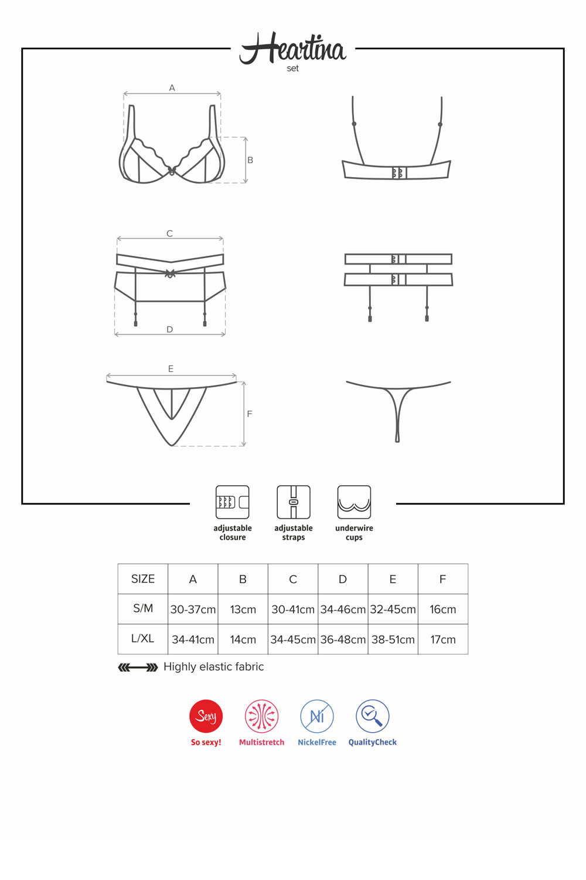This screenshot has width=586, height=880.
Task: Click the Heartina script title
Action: point(293,48)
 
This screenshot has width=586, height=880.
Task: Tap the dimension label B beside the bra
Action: point(250,160)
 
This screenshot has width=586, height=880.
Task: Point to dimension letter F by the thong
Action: point(250,414)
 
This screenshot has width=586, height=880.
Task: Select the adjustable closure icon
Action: point(233,502)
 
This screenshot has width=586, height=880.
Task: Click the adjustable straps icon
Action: point(294,502)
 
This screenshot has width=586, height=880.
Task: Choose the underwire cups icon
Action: point(354,502)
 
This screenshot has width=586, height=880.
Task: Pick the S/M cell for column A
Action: point(193,610)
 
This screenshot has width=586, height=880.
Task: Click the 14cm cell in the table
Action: point(243,639)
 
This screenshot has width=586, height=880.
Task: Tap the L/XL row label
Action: point(143,638)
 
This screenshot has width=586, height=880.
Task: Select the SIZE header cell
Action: point(143,578)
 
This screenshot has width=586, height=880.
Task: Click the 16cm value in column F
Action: point(443,610)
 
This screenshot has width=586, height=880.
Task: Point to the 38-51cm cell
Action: point(393,639)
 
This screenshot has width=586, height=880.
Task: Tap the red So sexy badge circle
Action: point(206,716)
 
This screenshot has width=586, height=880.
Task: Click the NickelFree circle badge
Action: point(317,716)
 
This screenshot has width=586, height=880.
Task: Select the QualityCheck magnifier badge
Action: point(373,716)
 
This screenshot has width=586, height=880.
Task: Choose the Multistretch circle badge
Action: point(262,716)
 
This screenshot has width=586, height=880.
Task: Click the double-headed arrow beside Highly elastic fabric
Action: point(138,668)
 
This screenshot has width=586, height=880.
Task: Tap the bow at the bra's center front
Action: point(172,171)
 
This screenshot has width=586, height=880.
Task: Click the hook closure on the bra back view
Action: point(399,173)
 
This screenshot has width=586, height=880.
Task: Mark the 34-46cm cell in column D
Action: point(343,610)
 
